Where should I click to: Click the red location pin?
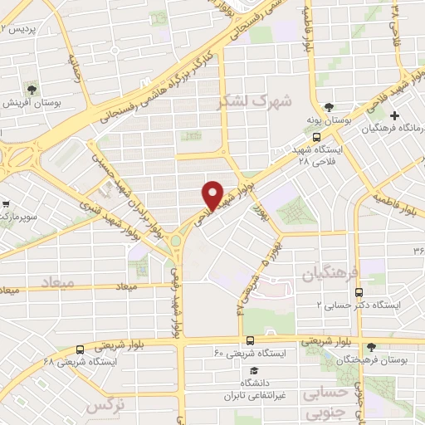click(x=213, y=193)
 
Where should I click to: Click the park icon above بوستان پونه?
click(x=330, y=107)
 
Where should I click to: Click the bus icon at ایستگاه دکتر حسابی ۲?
click(x=359, y=292)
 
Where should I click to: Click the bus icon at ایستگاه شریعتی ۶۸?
click(x=80, y=349)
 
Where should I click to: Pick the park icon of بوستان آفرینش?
click(x=32, y=87)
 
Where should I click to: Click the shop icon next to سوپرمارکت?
click(x=6, y=202)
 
